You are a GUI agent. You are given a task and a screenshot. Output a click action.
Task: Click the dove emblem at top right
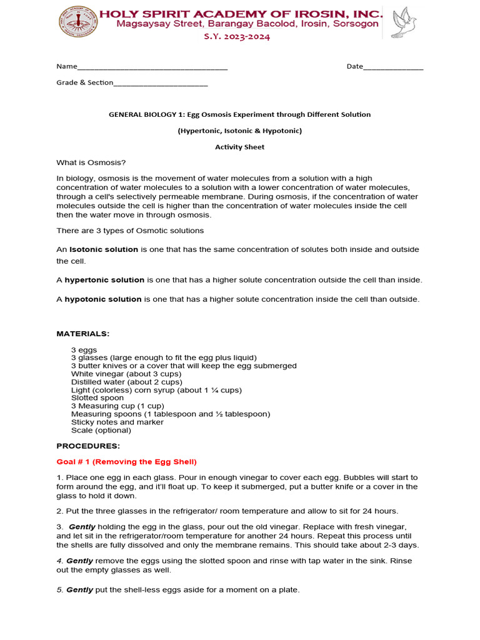[x=402, y=23]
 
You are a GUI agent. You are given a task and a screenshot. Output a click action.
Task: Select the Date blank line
[x=393, y=67]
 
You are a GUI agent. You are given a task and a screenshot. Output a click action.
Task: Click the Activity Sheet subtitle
[x=239, y=147]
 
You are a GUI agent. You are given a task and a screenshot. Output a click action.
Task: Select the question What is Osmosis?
[x=91, y=162]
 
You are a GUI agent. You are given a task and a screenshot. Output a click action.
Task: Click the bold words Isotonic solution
[x=104, y=249]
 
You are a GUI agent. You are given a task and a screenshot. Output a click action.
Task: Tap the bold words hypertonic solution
[x=104, y=279]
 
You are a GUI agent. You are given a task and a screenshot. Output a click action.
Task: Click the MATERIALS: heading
[x=83, y=334]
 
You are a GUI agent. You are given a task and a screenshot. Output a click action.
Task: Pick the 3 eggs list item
[x=84, y=349]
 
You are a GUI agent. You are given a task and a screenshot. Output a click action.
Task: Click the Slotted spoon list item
[x=97, y=397]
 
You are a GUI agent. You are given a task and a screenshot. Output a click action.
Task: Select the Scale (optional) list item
[x=101, y=430]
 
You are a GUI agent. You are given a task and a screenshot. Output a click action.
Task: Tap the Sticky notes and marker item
[x=117, y=422]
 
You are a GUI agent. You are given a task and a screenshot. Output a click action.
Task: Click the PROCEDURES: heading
[x=88, y=446]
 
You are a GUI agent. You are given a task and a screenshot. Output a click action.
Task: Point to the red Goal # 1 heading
[x=126, y=462]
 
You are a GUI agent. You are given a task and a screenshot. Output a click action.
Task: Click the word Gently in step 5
[x=79, y=589]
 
